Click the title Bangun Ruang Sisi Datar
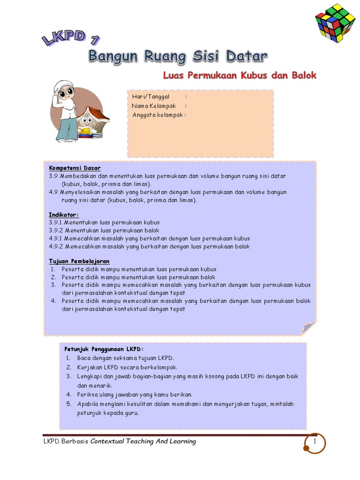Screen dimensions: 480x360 (178, 57)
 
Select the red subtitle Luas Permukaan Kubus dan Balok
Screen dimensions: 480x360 (240, 75)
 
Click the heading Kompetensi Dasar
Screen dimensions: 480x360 (75, 168)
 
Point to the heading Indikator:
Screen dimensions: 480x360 (64, 214)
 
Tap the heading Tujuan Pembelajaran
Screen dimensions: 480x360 (79, 261)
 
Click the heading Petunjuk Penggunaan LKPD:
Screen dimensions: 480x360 (104, 349)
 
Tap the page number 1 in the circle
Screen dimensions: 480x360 (315, 442)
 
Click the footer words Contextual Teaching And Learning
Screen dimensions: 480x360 (143, 442)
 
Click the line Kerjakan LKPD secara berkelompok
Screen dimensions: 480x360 (127, 367)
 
